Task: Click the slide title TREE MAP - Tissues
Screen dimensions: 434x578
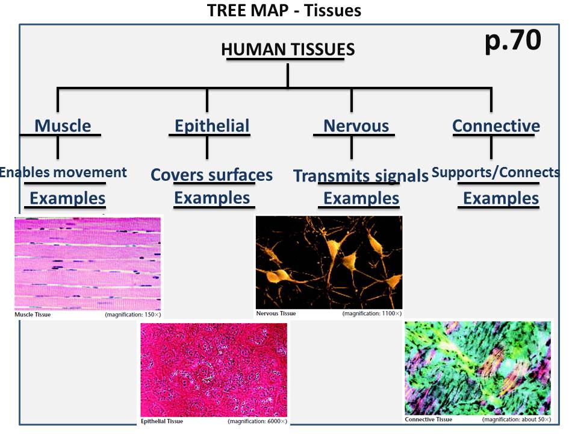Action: coord(284,11)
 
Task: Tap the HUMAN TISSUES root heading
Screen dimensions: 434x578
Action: coord(288,49)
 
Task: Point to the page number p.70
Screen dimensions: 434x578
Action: coord(513,41)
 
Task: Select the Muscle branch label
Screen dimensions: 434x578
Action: coord(63,126)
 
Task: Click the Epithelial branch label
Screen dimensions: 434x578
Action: coord(211,126)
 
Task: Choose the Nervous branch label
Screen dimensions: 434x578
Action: coord(356,126)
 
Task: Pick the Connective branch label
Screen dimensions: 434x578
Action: coord(496,126)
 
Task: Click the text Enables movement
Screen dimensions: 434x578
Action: coord(63,172)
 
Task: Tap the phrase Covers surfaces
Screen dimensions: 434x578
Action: coord(211,175)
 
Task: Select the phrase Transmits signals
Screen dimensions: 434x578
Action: coord(361,175)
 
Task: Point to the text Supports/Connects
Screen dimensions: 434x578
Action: coord(496,172)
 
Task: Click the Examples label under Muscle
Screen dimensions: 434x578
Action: coord(67,198)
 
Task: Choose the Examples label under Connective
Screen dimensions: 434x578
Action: coord(500,198)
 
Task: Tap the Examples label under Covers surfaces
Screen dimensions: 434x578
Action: coord(212,198)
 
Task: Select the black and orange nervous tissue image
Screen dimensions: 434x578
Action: coord(329,262)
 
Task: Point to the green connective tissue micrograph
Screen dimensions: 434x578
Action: coord(477,367)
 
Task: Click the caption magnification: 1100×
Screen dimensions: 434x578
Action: coord(371,314)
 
